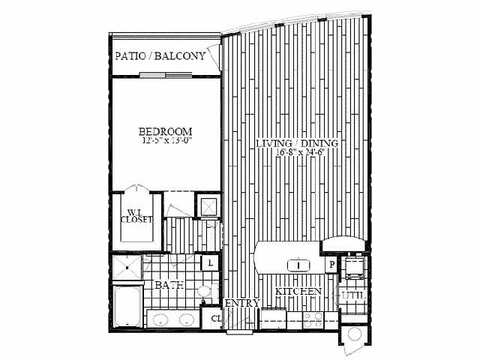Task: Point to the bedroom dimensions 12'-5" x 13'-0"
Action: tap(166, 140)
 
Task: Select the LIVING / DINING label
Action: tap(296, 143)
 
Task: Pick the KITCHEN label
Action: tap(298, 291)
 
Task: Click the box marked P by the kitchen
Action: tap(329, 264)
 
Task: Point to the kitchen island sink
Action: tap(298, 264)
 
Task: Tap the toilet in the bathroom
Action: tap(204, 292)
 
